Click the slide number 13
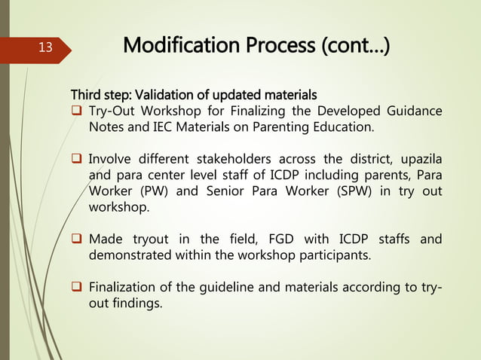pyautogui.click(x=45, y=48)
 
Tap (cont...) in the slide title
pyautogui.click(x=353, y=47)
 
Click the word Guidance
pyautogui.click(x=415, y=111)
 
